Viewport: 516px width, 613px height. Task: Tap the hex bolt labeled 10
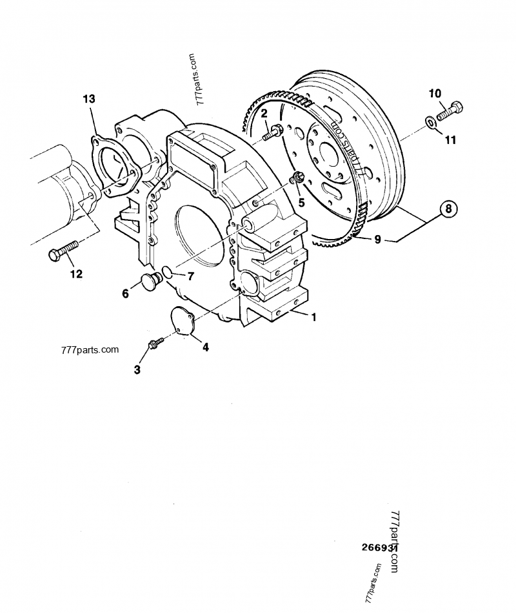click(x=450, y=111)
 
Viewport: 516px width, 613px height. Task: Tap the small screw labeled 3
click(x=154, y=345)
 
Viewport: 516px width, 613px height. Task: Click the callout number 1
click(x=313, y=317)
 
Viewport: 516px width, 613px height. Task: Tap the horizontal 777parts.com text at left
click(x=90, y=350)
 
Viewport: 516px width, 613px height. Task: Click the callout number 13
click(x=88, y=99)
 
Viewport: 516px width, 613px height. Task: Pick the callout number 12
click(x=76, y=274)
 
